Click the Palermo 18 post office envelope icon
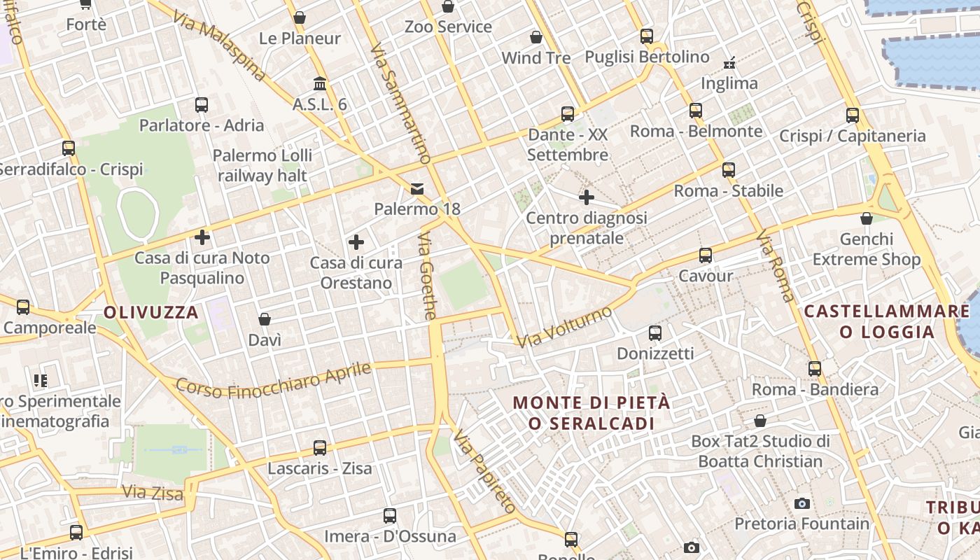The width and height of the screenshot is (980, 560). tap(418, 189)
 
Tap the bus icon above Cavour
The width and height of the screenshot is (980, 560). tap(706, 255)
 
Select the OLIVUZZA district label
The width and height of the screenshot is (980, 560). tap(151, 312)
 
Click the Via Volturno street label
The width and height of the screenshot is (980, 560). tap(564, 326)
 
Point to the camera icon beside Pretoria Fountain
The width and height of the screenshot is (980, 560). tap(802, 503)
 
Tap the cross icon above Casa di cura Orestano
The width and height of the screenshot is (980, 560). tap(356, 243)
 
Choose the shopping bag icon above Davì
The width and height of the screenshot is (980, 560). tap(265, 320)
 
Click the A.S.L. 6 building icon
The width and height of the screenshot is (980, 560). tap(320, 84)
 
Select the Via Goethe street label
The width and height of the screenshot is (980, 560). tap(427, 277)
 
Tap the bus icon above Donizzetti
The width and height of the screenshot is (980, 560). tap(655, 333)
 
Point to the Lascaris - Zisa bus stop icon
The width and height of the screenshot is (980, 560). tap(320, 448)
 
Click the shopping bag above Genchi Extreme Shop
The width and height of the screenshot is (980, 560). tap(867, 218)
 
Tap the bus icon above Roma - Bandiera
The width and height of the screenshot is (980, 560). tap(815, 369)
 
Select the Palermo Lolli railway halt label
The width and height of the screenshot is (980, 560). tap(262, 165)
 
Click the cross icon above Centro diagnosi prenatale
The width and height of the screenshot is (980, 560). tap(587, 197)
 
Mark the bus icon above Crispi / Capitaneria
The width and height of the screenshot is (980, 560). tap(853, 115)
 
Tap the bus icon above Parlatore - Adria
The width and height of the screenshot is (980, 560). tap(202, 105)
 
